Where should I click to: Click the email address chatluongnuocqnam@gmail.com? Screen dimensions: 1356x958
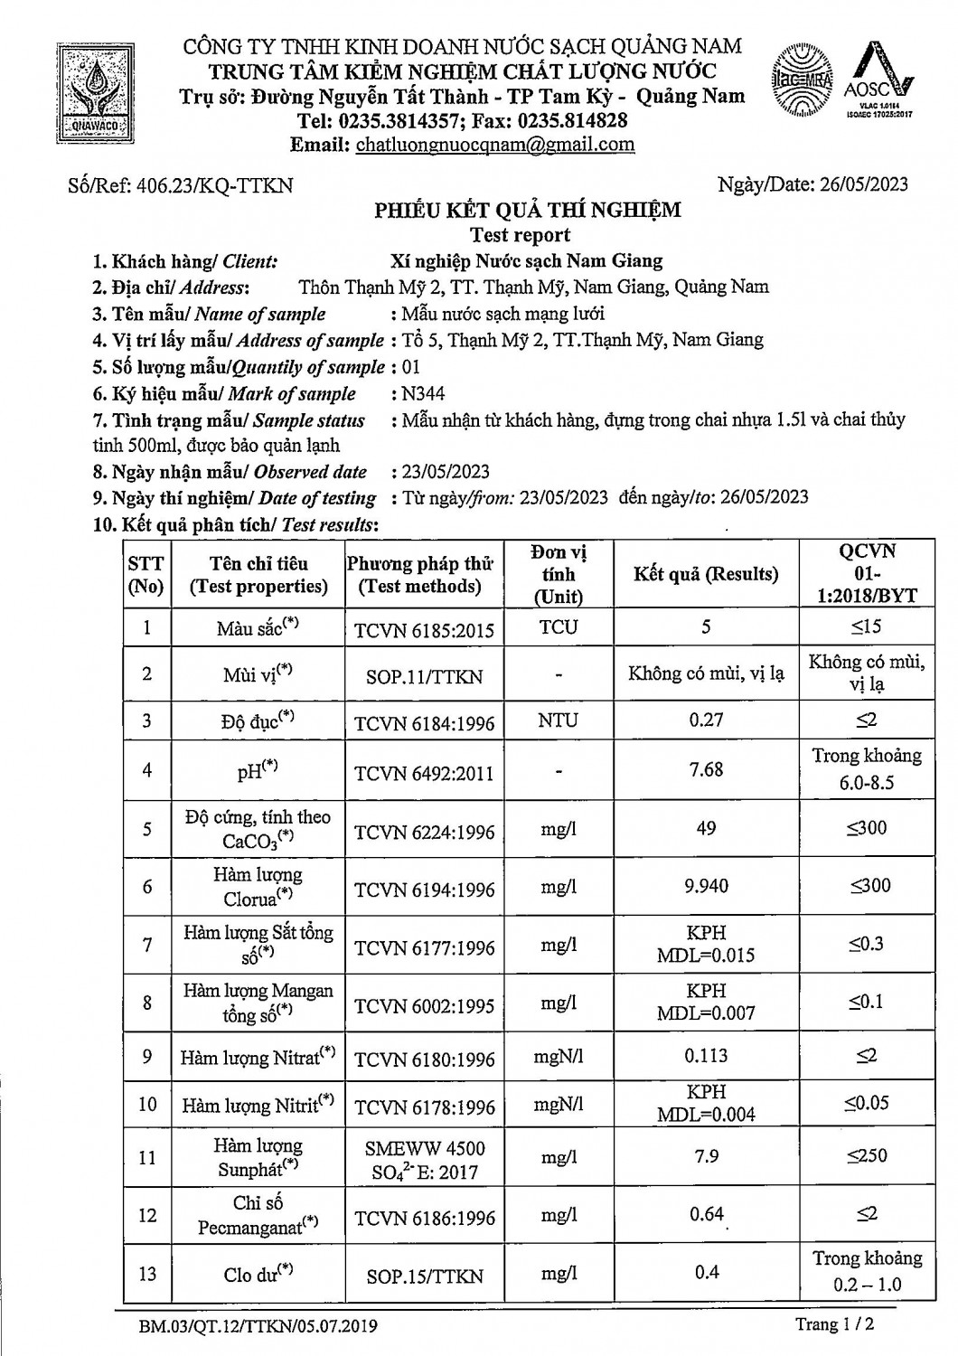[x=495, y=145]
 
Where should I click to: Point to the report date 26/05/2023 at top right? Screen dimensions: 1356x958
[x=864, y=184]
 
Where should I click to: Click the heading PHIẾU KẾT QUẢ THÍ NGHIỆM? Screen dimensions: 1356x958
[x=529, y=211]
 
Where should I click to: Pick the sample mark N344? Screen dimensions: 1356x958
[x=425, y=393]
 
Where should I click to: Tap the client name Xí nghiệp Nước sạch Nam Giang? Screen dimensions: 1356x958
[x=526, y=261]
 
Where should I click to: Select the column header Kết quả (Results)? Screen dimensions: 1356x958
[x=706, y=574]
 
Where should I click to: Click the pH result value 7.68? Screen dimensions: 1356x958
[x=706, y=769]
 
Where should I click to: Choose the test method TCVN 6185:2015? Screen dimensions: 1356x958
[x=425, y=629]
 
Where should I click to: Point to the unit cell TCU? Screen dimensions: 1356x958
[x=559, y=627]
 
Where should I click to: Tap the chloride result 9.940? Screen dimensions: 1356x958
[x=706, y=886]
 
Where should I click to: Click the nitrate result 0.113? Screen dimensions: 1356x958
[x=706, y=1055]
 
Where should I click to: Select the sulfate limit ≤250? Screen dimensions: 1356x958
[x=866, y=1155]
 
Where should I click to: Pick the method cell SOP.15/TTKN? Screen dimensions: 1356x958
[x=425, y=1276]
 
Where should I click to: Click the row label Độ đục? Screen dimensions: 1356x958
[x=257, y=721]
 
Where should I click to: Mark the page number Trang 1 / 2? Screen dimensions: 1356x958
[x=834, y=1324]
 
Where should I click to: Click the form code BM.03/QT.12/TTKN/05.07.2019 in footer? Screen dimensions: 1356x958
[x=258, y=1326]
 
